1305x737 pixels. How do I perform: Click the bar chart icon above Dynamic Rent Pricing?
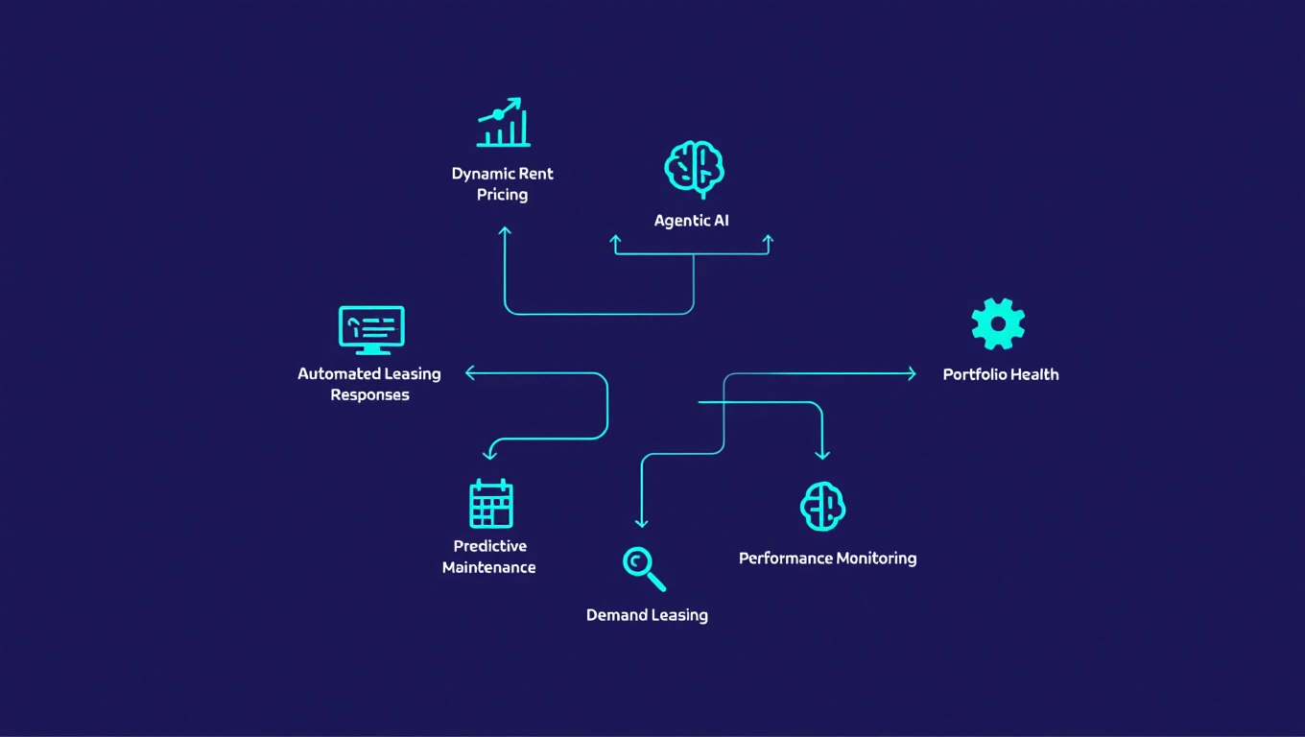pos(503,123)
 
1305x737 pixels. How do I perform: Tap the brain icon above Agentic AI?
pos(694,169)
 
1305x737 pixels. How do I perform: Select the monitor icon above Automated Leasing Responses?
pos(371,330)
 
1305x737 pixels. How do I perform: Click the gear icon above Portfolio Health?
pos(998,323)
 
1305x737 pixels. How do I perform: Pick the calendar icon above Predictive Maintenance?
pos(490,504)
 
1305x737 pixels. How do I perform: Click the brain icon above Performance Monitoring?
pos(822,507)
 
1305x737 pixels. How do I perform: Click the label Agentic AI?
pos(691,221)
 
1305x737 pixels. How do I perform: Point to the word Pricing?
pos(502,195)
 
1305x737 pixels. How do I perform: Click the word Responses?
pos(369,395)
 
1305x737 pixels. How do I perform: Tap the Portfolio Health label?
pos(1001,374)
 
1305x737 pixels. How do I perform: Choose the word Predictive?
pos(489,546)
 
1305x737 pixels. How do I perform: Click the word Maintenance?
pos(488,567)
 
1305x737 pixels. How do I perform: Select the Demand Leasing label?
pos(647,615)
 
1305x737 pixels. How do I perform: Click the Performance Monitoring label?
pos(827,559)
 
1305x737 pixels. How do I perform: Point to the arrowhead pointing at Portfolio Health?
pos(912,374)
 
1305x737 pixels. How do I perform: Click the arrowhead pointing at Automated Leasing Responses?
pos(470,373)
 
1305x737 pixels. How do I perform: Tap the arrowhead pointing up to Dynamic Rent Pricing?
pos(505,231)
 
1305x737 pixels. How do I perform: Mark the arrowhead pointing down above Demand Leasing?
pos(642,522)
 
